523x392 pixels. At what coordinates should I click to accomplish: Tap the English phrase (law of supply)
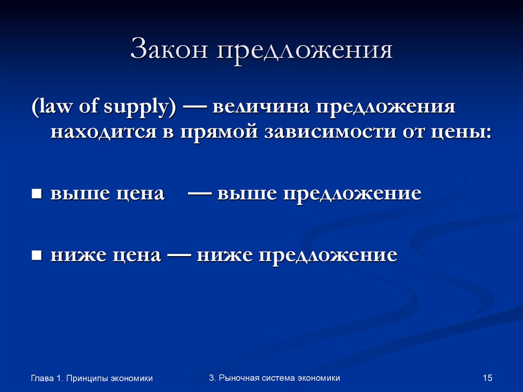click(x=103, y=109)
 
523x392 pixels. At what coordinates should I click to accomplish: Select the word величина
click(x=260, y=109)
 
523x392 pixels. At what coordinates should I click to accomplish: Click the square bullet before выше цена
click(x=36, y=193)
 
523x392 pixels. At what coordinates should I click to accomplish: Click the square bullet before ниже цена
click(x=36, y=255)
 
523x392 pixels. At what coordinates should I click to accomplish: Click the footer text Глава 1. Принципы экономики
click(x=92, y=378)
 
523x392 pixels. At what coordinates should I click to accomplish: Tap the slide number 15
click(x=487, y=378)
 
